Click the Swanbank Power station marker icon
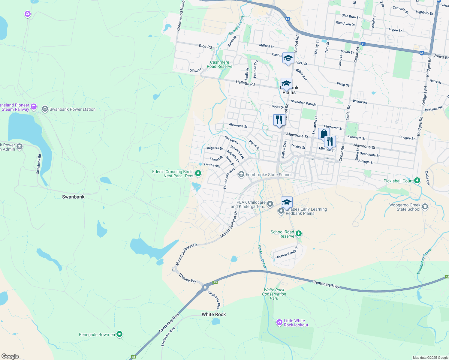pyautogui.click(x=45, y=109)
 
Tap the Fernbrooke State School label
pyautogui.click(x=268, y=175)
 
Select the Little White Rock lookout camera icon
pyautogui.click(x=279, y=322)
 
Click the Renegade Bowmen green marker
pyautogui.click(x=119, y=334)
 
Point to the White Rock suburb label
pyautogui.click(x=214, y=314)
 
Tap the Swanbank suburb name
pyautogui.click(x=73, y=197)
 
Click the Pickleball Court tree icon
pyautogui.click(x=417, y=181)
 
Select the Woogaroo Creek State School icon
pyautogui.click(x=425, y=207)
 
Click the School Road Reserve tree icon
pyautogui.click(x=298, y=234)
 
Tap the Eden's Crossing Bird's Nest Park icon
pyautogui.click(x=198, y=173)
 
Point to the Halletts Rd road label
pyautogui.click(x=245, y=83)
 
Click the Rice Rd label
pyautogui.click(x=205, y=46)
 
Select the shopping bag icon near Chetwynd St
pyautogui.click(x=324, y=133)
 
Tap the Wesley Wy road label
pyautogui.click(x=187, y=278)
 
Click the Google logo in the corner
pyautogui.click(x=10, y=356)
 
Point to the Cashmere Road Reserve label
pyautogui.click(x=219, y=64)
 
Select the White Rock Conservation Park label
pyautogui.click(x=274, y=294)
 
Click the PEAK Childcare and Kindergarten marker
pyautogui.click(x=270, y=204)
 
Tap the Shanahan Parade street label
pyautogui.click(x=303, y=103)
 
